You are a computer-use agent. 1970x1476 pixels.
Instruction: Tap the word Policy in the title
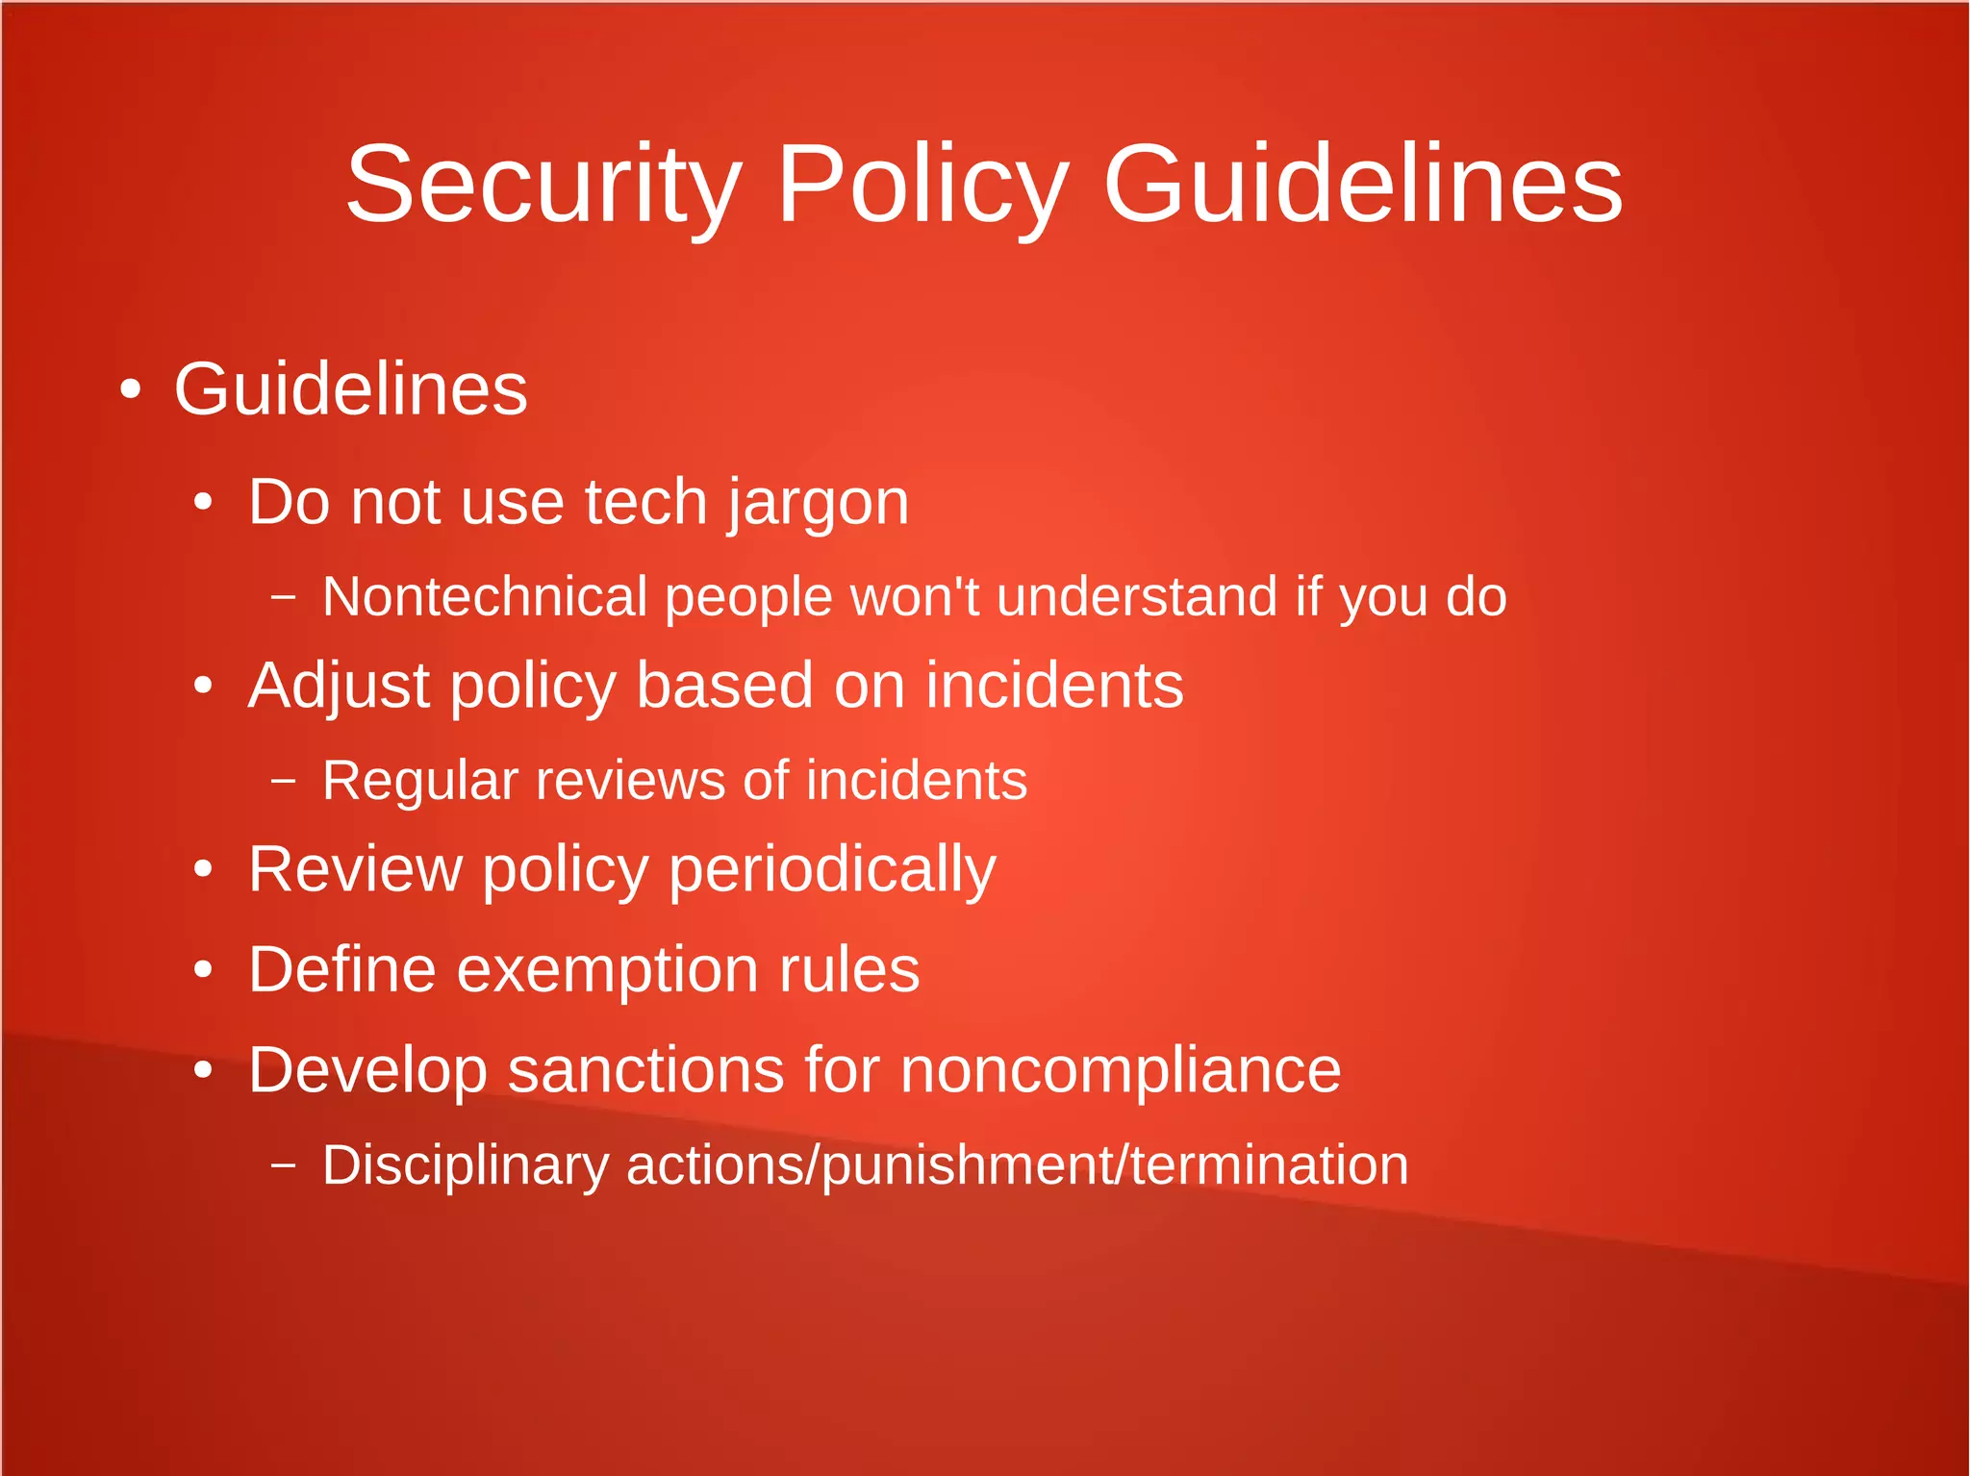pos(922,185)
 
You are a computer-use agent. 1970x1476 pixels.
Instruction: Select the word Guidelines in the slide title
pos(1362,185)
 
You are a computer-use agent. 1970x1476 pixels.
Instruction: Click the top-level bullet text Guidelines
pos(350,389)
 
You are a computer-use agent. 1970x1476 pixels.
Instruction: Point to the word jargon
pos(818,503)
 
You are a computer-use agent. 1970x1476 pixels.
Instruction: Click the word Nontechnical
pos(484,596)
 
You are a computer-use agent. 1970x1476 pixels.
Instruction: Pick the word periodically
pos(832,870)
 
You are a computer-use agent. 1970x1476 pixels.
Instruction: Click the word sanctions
pos(645,1069)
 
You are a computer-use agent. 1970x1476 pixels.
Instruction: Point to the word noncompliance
pos(1120,1069)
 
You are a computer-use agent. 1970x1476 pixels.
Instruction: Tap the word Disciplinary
pos(466,1165)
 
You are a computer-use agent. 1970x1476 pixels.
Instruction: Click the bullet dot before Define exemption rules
pos(202,970)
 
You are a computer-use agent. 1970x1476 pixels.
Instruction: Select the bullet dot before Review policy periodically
pos(202,869)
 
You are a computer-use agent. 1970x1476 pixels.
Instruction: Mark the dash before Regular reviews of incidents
pos(283,781)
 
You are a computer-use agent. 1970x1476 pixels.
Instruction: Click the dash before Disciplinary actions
pos(283,1165)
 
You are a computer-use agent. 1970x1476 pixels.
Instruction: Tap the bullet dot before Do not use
pos(202,502)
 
